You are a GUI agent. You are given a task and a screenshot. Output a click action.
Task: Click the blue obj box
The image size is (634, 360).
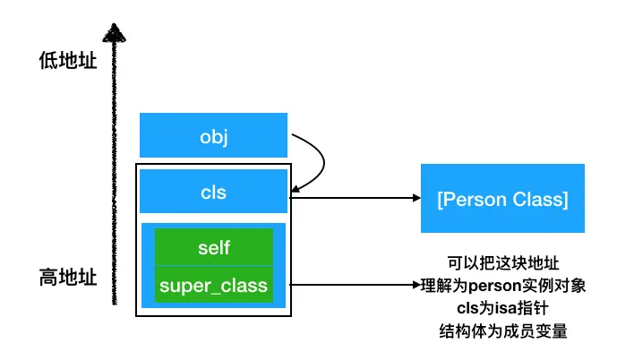point(213,135)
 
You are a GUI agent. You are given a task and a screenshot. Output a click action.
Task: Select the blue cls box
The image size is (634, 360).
point(213,192)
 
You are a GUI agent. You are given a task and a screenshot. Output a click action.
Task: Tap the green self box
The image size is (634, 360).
point(213,246)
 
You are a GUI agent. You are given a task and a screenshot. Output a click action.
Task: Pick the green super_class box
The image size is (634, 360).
point(213,286)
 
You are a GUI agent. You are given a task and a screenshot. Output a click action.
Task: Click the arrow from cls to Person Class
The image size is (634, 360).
point(354,199)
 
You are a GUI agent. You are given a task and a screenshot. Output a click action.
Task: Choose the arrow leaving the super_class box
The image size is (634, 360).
point(354,287)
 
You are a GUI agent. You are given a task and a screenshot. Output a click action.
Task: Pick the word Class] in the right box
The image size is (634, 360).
point(539,199)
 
